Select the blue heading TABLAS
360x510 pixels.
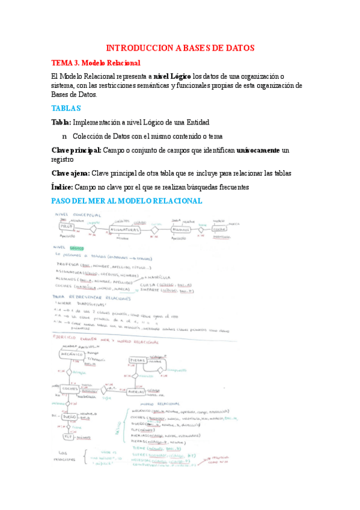(x=66, y=108)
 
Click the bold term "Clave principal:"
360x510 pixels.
(x=76, y=150)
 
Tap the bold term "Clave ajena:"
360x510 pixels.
(x=70, y=173)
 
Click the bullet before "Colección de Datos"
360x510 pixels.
(x=64, y=136)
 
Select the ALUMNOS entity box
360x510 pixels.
(x=181, y=229)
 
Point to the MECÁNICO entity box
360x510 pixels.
(x=70, y=355)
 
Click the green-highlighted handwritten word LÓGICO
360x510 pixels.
(x=77, y=247)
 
